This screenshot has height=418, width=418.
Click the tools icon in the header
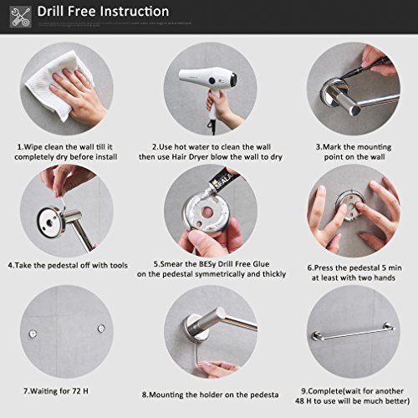21,18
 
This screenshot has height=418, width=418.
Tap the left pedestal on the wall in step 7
33,334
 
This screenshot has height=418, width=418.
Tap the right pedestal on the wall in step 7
101,328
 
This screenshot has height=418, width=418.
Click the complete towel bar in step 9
354,332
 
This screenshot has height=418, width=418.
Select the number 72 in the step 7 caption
77,391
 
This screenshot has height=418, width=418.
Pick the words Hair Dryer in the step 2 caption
191,157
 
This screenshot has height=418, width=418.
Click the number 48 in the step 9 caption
300,401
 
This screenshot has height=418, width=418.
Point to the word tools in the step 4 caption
119,265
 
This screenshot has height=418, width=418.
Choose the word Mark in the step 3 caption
331,147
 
